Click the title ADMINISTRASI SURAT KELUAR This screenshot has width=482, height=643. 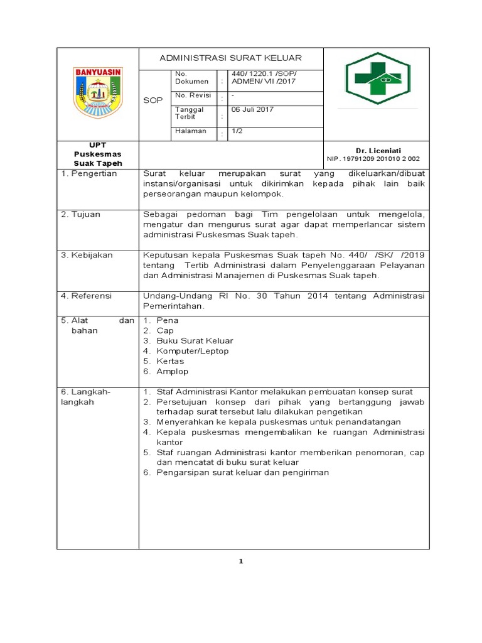click(x=230, y=58)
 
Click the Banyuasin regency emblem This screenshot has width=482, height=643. click(x=99, y=93)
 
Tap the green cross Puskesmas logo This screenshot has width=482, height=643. click(x=377, y=78)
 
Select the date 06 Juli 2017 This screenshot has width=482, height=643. click(x=253, y=109)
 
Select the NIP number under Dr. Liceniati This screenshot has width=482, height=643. click(x=373, y=159)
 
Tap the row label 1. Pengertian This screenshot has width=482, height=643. click(x=89, y=173)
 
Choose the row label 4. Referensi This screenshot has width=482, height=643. click(x=86, y=296)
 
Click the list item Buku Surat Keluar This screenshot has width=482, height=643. click(x=195, y=341)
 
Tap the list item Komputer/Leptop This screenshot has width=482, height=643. click(x=193, y=351)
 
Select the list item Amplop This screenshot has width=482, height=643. click(x=173, y=372)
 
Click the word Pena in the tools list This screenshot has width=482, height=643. click(x=168, y=320)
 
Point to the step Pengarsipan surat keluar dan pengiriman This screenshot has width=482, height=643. click(x=243, y=473)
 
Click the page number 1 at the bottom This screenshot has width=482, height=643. click(x=241, y=561)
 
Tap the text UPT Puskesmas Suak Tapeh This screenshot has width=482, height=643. click(x=98, y=154)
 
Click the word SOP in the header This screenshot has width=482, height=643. click(x=153, y=100)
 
